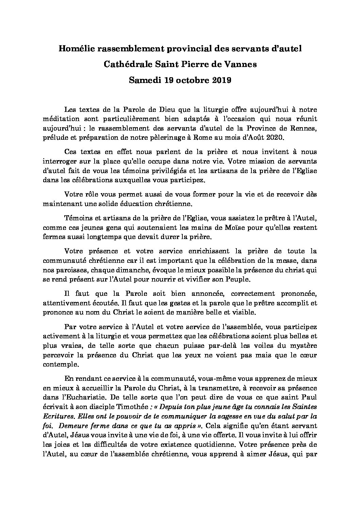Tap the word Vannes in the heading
[x=242, y=65]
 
